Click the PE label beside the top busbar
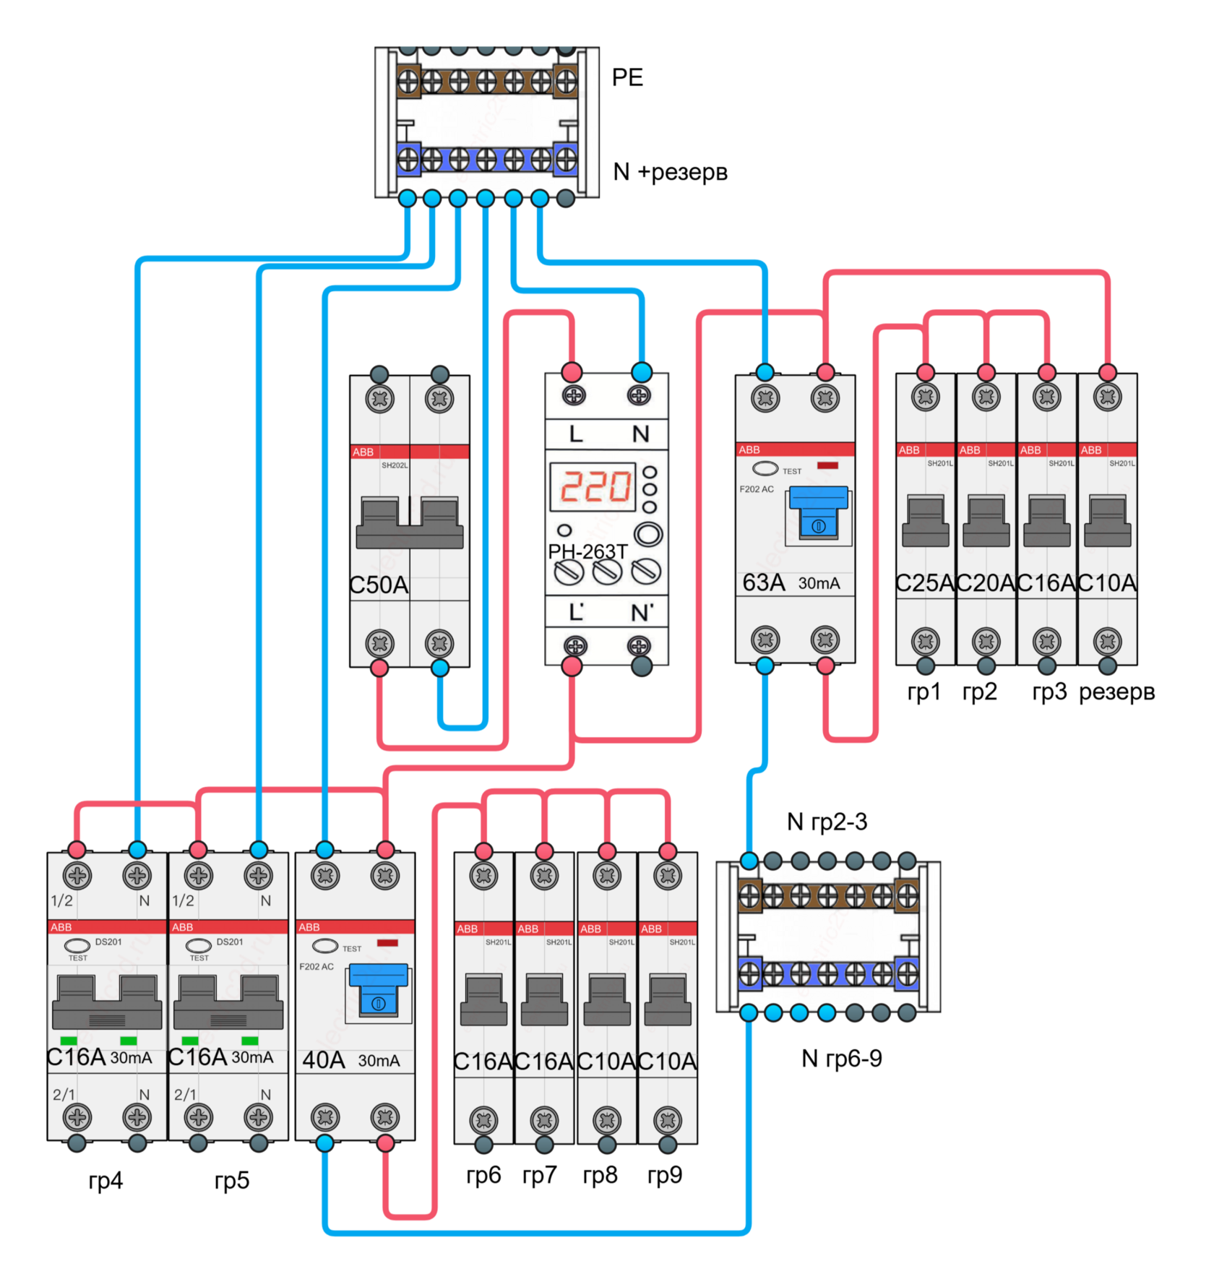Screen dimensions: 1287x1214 point(627,77)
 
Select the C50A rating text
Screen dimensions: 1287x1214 point(379,585)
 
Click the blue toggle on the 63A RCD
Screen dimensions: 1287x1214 point(818,512)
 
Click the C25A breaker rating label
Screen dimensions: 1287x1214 point(925,582)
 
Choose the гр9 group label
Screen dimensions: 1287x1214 point(665,1175)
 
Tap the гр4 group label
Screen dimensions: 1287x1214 point(106,1181)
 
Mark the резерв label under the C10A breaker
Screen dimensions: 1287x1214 point(1116,692)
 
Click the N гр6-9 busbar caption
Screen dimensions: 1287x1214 point(842,1059)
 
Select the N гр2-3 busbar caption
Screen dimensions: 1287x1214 point(827,822)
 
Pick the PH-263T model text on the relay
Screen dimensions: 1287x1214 point(587,551)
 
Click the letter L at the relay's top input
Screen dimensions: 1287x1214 point(576,434)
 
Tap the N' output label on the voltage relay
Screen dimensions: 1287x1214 point(642,613)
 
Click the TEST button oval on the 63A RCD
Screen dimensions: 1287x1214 point(765,468)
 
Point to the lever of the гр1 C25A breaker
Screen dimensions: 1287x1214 point(925,521)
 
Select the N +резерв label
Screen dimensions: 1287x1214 point(670,172)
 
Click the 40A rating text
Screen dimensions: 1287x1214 point(323,1060)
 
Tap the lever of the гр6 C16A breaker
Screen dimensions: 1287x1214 point(483,1000)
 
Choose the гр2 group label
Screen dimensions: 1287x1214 point(979,692)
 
